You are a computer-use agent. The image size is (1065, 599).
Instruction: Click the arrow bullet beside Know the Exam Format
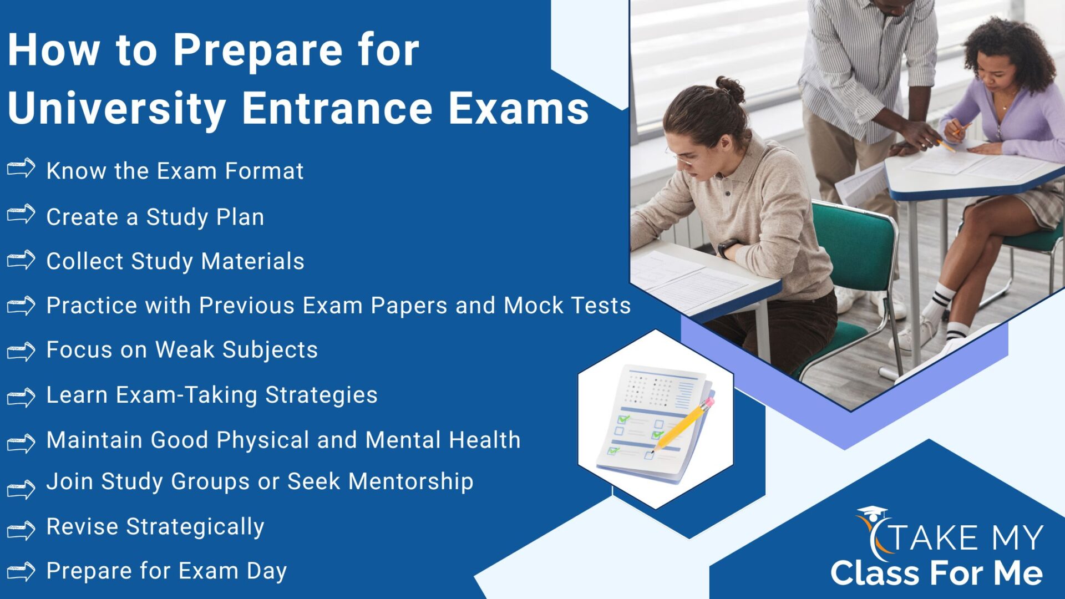[x=21, y=168]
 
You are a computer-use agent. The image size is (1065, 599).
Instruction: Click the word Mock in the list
[x=533, y=306]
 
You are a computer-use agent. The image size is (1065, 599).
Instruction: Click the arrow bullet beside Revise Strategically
[x=21, y=530]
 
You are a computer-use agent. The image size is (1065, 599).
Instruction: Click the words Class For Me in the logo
[x=936, y=573]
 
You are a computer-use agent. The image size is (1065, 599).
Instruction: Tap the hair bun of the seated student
[x=731, y=89]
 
